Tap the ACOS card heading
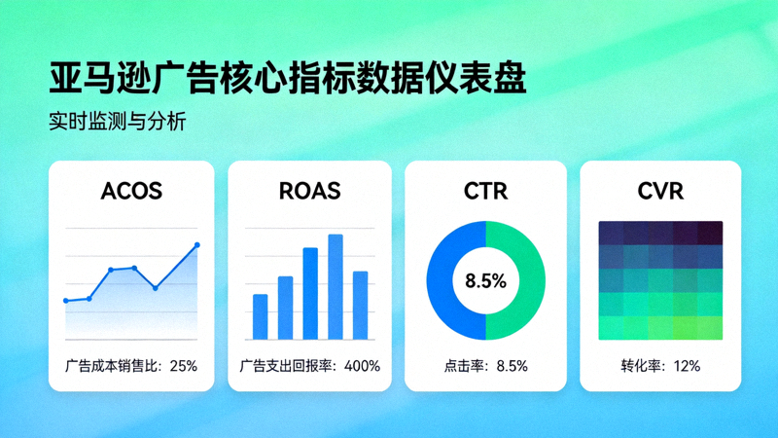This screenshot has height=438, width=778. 131,191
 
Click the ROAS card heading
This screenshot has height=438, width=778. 309,191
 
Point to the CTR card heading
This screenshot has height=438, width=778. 485,191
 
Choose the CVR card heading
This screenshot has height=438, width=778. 660,191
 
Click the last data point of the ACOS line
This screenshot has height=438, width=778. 197,245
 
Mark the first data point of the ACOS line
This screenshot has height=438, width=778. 65,301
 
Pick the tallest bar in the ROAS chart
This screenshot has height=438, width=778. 336,286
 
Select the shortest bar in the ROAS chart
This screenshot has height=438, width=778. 260,316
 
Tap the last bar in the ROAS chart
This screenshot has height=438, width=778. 360,305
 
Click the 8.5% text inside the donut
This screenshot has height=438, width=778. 485,281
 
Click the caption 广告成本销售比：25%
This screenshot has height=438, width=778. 131,367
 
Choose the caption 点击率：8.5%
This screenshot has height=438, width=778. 485,367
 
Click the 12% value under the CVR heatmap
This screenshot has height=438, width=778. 686,367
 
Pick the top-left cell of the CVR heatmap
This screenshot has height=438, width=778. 611,233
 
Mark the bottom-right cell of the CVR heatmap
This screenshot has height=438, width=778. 710,328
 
